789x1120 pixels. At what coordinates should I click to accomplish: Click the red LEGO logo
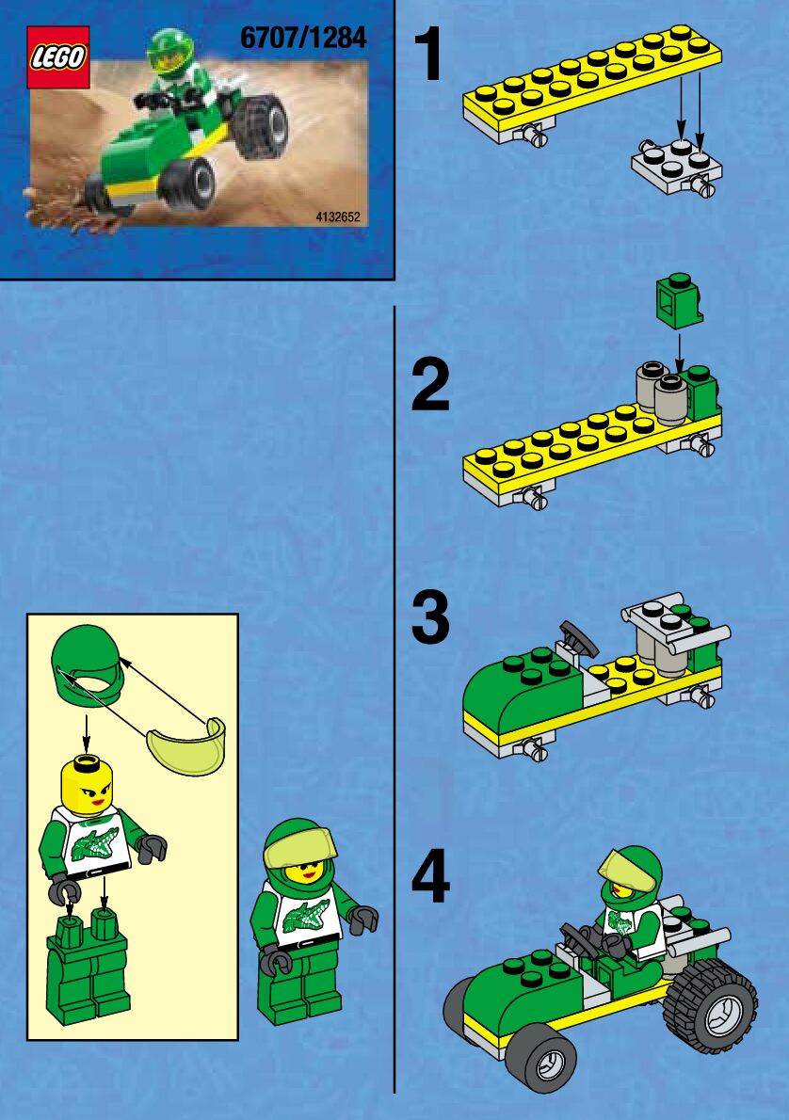point(57,57)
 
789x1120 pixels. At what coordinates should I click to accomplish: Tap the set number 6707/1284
point(303,38)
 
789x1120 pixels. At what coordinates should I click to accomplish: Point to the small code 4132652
point(337,217)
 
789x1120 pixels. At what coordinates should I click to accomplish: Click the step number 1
point(430,55)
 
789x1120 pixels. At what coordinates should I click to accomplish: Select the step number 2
point(430,385)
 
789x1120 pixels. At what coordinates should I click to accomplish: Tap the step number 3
point(430,617)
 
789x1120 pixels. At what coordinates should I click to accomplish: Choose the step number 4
point(430,877)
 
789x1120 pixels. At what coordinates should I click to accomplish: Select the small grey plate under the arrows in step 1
point(675,168)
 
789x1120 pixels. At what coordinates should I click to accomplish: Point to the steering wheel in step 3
point(579,638)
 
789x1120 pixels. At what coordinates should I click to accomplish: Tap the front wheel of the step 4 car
point(541,1057)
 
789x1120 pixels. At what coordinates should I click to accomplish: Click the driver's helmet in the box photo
point(169,54)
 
